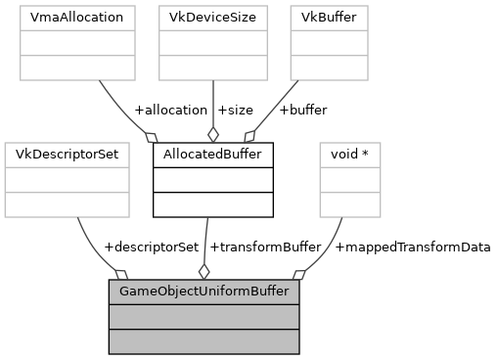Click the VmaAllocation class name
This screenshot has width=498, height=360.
coord(77,18)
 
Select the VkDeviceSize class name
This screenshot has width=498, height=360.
coord(212,18)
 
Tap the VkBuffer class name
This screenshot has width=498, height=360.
coord(329,18)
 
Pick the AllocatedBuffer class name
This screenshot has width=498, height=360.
coord(212,155)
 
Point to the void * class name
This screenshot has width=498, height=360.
coord(350,155)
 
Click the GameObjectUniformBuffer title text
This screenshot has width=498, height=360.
coord(204,292)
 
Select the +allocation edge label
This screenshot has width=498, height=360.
coord(170,110)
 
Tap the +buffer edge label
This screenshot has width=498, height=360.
coord(303,110)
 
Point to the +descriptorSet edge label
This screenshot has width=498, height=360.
coord(151,247)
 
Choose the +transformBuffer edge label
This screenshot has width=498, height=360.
coord(265,247)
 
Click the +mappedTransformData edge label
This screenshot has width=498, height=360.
coord(412,247)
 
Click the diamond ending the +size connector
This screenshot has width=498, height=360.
coord(212,135)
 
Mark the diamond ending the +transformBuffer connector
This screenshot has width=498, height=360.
coord(204,271)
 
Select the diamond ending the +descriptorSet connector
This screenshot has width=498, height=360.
coord(121,273)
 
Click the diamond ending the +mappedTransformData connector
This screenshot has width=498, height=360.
coord(298,274)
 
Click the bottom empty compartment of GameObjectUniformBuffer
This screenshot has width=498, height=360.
coord(204,341)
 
